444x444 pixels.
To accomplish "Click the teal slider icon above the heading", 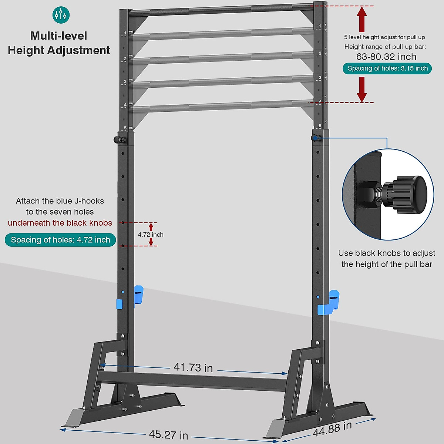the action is point(61,15).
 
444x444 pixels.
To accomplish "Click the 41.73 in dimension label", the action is point(193,367).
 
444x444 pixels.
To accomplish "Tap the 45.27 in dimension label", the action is point(168,434).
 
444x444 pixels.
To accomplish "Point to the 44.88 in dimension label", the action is point(332,429).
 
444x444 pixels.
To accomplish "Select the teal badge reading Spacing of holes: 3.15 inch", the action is point(387,68).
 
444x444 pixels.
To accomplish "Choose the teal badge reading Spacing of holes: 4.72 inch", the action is point(60,240).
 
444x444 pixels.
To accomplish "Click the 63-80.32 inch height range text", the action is point(386,57).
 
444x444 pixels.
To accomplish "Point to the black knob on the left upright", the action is point(118,140).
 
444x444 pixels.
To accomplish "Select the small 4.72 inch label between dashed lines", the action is point(151,235).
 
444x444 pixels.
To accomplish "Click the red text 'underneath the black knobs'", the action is point(60,223).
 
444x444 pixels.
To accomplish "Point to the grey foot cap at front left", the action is point(75,417).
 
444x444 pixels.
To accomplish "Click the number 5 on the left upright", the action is point(125,128).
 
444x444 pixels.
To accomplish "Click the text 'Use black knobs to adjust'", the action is point(386,253).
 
